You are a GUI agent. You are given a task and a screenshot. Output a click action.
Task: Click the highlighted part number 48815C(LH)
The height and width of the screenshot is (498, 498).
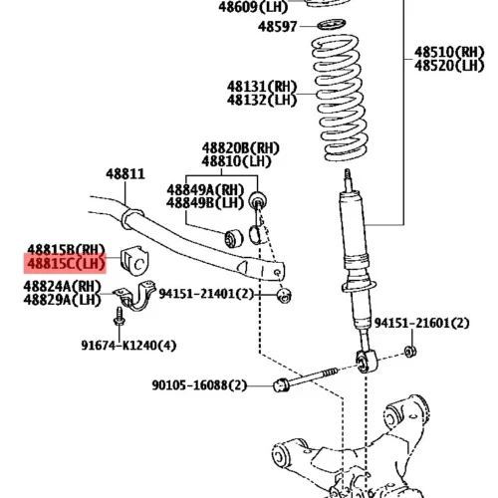[x=66, y=264]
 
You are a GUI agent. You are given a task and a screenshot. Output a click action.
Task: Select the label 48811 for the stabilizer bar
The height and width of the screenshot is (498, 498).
[x=125, y=174]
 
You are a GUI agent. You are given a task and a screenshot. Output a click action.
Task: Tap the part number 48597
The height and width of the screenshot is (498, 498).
[x=277, y=27]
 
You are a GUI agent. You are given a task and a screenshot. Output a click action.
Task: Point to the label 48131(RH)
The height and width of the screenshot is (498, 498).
[x=262, y=87]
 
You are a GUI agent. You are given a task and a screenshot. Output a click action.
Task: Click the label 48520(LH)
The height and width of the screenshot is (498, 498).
[x=449, y=66]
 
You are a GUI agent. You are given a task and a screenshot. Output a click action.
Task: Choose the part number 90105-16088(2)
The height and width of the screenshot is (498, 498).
[x=199, y=385]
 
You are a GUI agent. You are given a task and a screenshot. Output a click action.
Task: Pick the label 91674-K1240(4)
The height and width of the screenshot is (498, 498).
[x=128, y=346]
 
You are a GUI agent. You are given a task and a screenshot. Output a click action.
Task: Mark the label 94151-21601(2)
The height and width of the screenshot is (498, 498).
[x=422, y=323]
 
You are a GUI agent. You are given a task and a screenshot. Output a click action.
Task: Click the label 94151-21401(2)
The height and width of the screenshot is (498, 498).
[x=206, y=294]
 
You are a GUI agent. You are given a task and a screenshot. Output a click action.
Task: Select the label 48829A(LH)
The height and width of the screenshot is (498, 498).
[x=62, y=300]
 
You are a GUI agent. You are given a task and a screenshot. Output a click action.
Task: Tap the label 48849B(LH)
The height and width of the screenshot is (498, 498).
[x=205, y=202]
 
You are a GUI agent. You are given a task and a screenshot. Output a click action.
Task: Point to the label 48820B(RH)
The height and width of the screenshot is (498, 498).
[x=241, y=148]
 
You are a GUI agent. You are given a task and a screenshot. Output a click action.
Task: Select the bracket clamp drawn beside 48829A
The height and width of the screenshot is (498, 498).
[x=135, y=295]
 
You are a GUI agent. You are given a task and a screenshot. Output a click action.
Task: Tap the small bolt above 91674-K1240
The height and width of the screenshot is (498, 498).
[x=119, y=317]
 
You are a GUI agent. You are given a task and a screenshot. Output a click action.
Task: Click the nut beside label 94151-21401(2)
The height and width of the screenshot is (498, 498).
[x=284, y=295]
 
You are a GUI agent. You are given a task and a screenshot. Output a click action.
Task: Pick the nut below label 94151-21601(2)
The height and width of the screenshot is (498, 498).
[x=410, y=352]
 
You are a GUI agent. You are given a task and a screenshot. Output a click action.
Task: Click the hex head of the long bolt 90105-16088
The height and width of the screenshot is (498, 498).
[x=281, y=384]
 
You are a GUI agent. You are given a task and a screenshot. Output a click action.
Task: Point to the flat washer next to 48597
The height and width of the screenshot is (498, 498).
[x=332, y=25]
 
